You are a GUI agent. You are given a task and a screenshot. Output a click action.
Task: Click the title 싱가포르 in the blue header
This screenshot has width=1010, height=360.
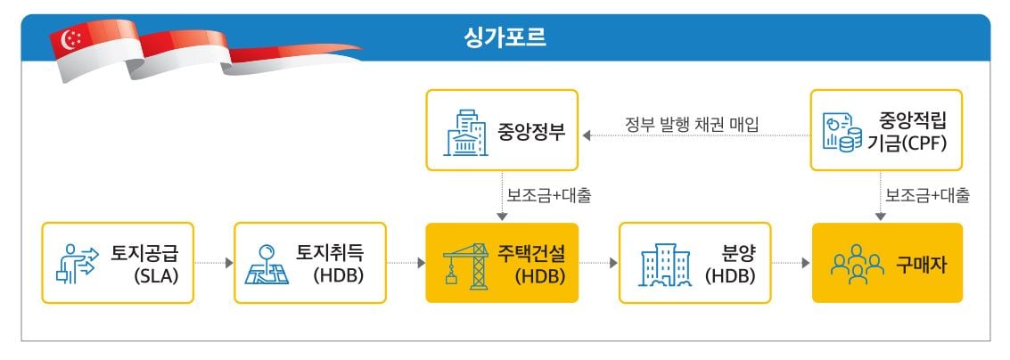[504, 38]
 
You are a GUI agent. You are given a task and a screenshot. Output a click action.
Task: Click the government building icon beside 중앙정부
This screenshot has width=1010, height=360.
[465, 132]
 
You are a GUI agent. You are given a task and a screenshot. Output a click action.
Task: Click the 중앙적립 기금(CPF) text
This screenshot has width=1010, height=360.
[910, 130]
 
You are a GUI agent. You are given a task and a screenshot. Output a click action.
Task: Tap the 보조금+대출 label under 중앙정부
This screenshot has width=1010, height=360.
[543, 192]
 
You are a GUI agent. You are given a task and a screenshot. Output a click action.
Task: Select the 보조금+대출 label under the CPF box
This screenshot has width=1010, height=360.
[927, 192]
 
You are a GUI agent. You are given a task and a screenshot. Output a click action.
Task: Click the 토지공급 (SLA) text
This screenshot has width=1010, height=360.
[145, 263]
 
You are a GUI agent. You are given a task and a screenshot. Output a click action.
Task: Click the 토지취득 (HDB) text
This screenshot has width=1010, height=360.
[337, 263]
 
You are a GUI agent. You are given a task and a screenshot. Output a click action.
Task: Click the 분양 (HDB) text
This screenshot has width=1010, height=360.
[731, 263]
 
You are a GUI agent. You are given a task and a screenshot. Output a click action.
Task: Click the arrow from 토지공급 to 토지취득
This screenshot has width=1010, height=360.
[213, 263]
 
